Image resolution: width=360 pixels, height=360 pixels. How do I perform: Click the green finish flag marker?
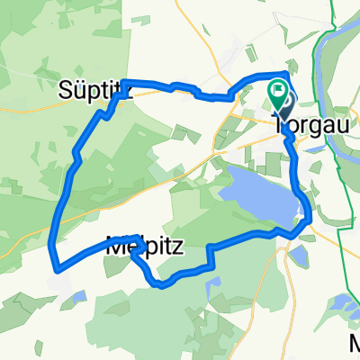pyautogui.click(x=278, y=90)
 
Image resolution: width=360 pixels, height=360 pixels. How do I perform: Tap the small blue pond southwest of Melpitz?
pyautogui.click(x=80, y=295)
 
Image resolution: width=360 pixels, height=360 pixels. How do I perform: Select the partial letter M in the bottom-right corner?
pyautogui.click(x=354, y=345)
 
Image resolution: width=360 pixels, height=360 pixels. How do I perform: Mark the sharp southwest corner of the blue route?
pyautogui.click(x=56, y=266)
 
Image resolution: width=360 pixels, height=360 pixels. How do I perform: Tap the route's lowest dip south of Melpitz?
pyautogui.click(x=160, y=286)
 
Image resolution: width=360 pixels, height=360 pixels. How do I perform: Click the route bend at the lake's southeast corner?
pyautogui.click(x=309, y=217)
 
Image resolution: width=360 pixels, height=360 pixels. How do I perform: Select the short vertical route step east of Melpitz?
pyautogui.click(x=209, y=255)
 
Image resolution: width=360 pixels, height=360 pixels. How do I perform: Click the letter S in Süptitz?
pyautogui.click(x=66, y=90)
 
